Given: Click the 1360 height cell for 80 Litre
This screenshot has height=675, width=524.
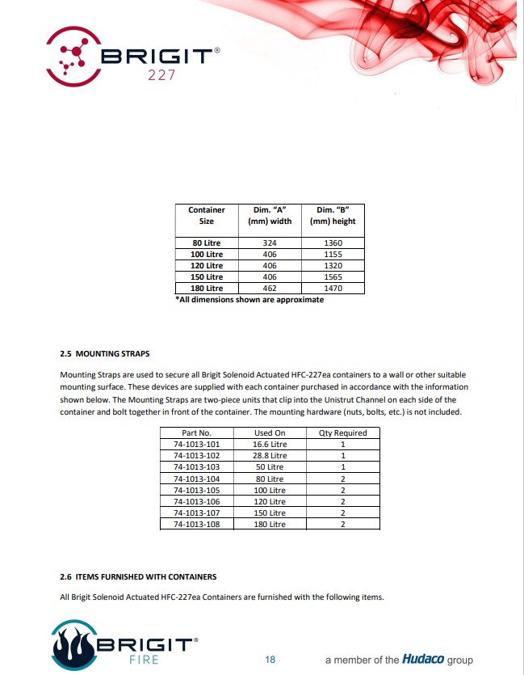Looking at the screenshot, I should [x=333, y=243].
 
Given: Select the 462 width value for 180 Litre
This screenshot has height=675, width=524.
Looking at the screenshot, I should [x=270, y=288].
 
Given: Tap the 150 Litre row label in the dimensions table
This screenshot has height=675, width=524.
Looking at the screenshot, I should [x=207, y=276].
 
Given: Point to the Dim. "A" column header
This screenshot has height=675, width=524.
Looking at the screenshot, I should [x=270, y=215].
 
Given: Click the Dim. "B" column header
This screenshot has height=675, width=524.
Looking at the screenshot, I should [x=333, y=215].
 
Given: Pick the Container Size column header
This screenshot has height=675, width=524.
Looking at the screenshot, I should [x=207, y=215].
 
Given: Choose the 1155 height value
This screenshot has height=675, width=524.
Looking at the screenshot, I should [x=333, y=254].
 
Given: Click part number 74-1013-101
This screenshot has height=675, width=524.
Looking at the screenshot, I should [x=196, y=445].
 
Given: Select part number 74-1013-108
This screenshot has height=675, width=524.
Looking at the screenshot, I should [x=196, y=524].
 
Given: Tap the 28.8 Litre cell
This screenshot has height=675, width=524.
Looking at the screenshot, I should [x=270, y=456].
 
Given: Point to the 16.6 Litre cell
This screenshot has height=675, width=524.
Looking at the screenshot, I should [x=270, y=445].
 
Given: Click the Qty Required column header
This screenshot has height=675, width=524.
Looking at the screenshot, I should [x=343, y=433].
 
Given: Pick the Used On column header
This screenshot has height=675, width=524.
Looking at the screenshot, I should [x=270, y=433].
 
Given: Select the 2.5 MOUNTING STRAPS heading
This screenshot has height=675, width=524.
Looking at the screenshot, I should [x=104, y=353].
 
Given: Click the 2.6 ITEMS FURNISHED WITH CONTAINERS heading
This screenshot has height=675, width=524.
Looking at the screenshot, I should [x=138, y=576].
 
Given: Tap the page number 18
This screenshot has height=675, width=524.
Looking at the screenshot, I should [x=270, y=660].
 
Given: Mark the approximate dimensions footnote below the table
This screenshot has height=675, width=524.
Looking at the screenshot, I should [x=249, y=300].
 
